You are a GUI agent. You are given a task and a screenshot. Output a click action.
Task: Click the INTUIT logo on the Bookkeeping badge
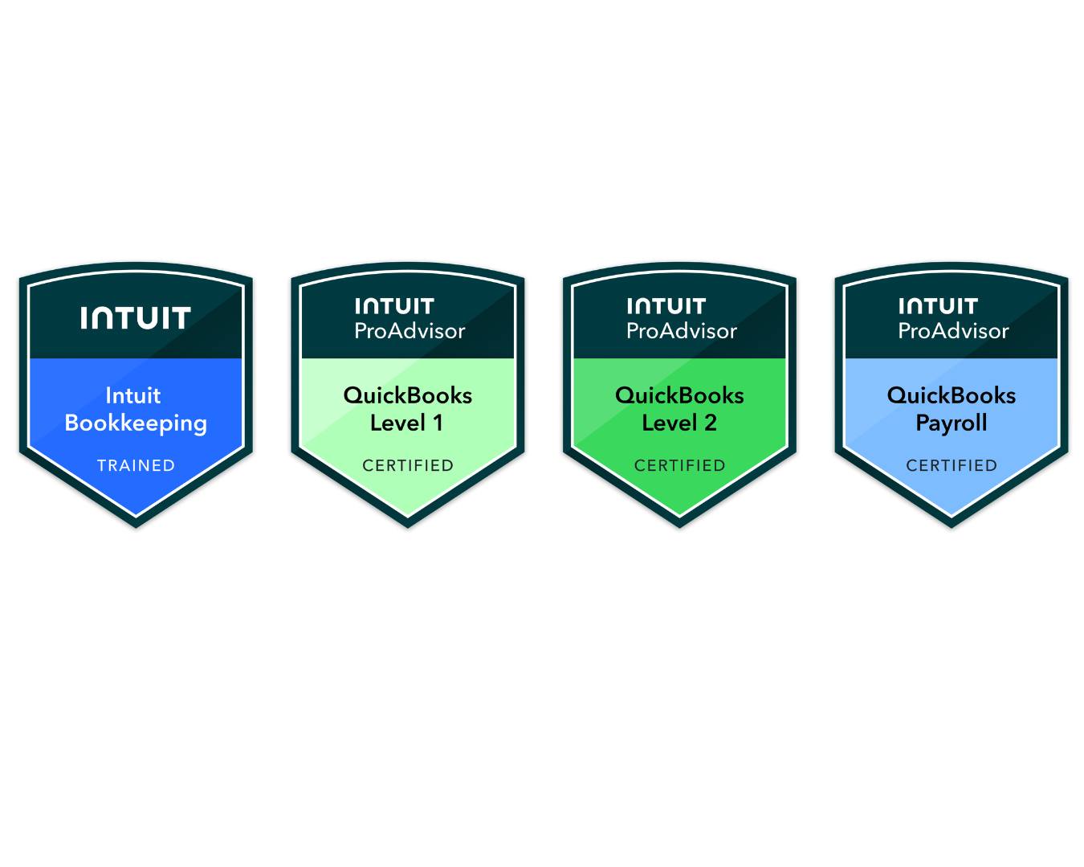pyautogui.click(x=136, y=318)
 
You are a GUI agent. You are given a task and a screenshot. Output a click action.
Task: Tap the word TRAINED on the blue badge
pyautogui.click(x=136, y=465)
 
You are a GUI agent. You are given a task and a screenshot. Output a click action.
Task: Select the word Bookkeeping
pyautogui.click(x=136, y=423)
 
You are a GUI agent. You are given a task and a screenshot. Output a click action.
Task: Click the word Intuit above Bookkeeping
pyautogui.click(x=133, y=395)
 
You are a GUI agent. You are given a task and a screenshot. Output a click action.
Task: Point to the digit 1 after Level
pyautogui.click(x=438, y=423)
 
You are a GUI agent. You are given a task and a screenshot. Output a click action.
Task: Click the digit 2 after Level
pyautogui.click(x=711, y=423)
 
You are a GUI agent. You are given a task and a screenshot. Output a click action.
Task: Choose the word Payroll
pyautogui.click(x=952, y=423)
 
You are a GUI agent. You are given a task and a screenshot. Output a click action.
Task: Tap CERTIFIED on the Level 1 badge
pyautogui.click(x=408, y=465)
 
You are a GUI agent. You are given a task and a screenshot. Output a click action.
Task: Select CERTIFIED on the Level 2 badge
pyautogui.click(x=680, y=465)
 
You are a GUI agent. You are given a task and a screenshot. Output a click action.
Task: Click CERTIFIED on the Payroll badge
pyautogui.click(x=952, y=465)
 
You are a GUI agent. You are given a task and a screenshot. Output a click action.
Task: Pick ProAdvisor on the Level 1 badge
pyautogui.click(x=410, y=331)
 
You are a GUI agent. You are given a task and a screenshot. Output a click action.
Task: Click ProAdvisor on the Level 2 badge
pyautogui.click(x=682, y=331)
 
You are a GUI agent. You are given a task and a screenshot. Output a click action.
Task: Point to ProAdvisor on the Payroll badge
pyautogui.click(x=953, y=331)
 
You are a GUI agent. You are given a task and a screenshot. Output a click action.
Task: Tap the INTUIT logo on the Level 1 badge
pyautogui.click(x=394, y=306)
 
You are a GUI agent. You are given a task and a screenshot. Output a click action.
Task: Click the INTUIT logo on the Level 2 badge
pyautogui.click(x=666, y=306)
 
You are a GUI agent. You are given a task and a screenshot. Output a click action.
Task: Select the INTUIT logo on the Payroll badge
pyautogui.click(x=938, y=306)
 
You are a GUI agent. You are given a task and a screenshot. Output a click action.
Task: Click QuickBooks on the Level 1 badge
pyautogui.click(x=408, y=395)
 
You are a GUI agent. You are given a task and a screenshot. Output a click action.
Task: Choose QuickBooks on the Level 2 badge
pyautogui.click(x=679, y=395)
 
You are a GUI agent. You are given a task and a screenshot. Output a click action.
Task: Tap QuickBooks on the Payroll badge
pyautogui.click(x=952, y=395)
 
